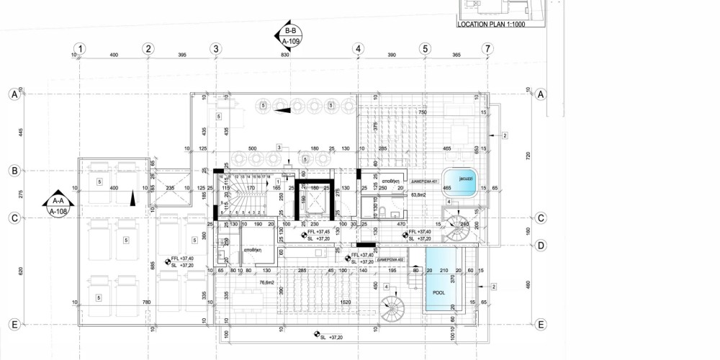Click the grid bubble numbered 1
81,49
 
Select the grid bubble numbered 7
488,49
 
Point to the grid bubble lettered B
12,171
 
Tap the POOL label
439,294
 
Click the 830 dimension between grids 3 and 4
285,55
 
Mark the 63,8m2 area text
419,194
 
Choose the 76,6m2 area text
248,282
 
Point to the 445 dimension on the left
22,132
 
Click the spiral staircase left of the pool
393,311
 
